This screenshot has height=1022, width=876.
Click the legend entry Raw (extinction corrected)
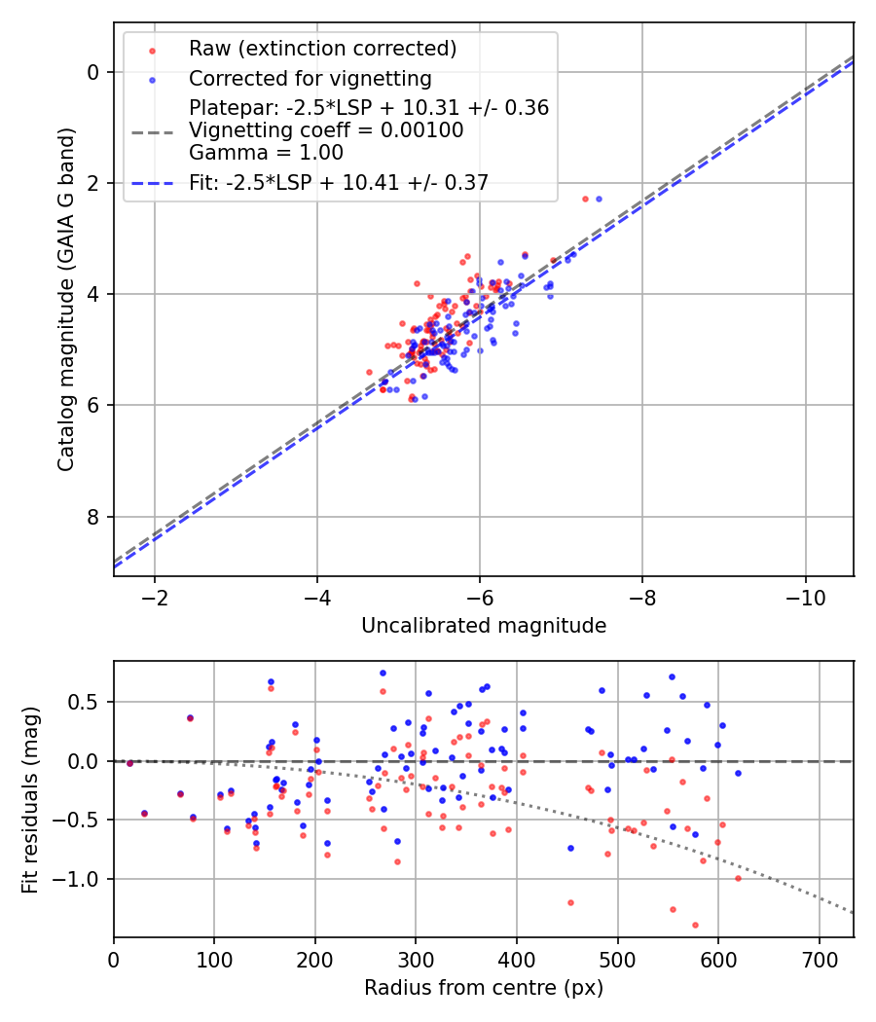322,49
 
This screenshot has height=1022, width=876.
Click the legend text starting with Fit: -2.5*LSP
339,181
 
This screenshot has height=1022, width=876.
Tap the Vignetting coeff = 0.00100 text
326,130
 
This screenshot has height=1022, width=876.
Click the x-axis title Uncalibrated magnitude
484,626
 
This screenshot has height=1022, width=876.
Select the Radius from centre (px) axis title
484,988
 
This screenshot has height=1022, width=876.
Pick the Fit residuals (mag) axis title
30,799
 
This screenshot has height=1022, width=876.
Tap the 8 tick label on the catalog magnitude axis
92,516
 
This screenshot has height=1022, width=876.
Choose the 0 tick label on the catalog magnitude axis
92,72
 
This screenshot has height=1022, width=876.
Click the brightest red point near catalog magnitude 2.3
585,199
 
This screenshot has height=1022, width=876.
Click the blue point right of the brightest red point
599,199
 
